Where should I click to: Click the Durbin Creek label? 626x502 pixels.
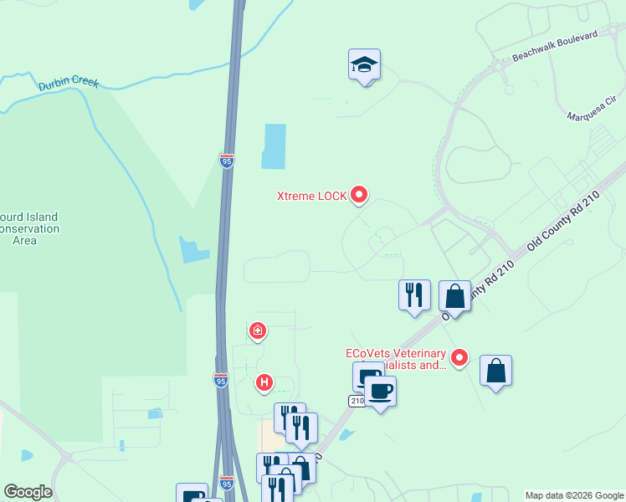click(69, 84)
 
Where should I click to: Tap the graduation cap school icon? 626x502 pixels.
click(364, 64)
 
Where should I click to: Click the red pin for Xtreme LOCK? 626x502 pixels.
click(360, 195)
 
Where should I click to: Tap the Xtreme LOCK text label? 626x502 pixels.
click(312, 197)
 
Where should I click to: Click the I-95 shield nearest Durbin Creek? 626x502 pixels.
click(227, 160)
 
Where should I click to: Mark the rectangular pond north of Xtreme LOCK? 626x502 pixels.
click(274, 146)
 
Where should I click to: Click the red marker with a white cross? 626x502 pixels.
click(258, 330)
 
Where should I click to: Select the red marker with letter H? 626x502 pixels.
click(264, 383)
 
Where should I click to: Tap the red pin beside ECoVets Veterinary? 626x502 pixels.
click(459, 358)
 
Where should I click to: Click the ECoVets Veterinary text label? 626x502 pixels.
click(396, 359)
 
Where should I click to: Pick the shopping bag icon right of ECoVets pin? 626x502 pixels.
click(495, 370)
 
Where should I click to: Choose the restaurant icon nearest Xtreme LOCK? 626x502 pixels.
click(414, 295)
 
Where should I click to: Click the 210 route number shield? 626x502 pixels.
click(356, 402)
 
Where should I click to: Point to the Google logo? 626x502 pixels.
click(28, 492)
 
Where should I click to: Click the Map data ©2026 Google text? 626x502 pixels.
click(573, 495)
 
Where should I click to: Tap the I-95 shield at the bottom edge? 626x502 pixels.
click(226, 483)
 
